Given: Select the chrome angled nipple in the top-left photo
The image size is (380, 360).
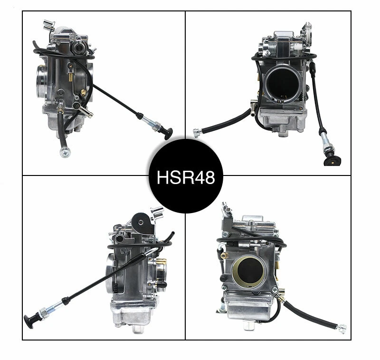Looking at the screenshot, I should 84,111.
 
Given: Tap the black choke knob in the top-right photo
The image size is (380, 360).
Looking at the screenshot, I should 331,160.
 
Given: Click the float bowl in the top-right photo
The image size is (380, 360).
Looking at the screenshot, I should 283,121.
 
